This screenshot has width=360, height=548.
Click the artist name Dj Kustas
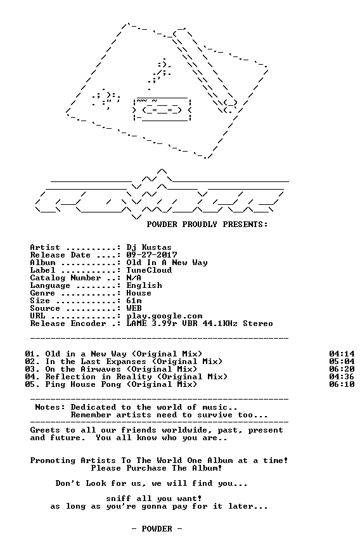[x=149, y=248]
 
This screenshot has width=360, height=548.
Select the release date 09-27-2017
[x=152, y=255]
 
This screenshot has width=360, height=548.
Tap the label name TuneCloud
[x=149, y=270]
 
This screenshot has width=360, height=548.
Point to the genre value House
[x=139, y=293]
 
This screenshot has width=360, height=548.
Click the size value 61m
[x=134, y=301]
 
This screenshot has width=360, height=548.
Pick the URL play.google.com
[x=164, y=316]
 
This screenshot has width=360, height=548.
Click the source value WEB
[x=134, y=309]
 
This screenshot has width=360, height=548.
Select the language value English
[x=145, y=286]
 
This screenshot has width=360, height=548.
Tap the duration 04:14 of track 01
[x=342, y=354]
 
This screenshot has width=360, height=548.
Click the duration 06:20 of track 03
[x=342, y=369]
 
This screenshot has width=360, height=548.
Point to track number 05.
[x=30, y=385]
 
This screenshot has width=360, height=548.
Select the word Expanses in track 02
[x=126, y=362]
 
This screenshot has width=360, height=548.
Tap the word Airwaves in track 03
[x=101, y=369]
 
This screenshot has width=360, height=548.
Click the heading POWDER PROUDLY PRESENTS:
[x=207, y=225]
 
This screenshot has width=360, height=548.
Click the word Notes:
[x=50, y=407]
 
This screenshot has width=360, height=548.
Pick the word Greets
[x=46, y=430]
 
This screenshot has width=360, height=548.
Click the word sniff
[x=119, y=499]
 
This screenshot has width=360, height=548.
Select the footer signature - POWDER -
[x=157, y=529]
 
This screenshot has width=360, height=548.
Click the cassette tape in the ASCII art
[x=162, y=110]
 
